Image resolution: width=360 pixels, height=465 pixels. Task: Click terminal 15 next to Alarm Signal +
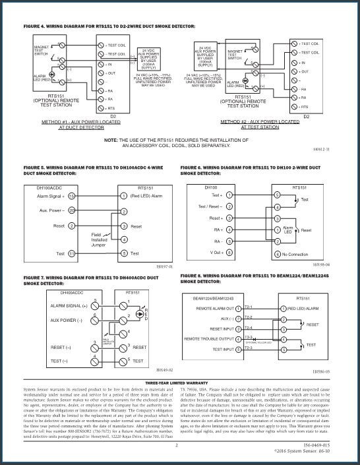click(x=71, y=196)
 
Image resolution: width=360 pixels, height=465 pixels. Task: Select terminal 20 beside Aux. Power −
click(x=71, y=210)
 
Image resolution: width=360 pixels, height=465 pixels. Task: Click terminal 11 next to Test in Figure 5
click(x=71, y=253)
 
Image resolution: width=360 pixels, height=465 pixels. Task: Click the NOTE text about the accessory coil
click(x=179, y=143)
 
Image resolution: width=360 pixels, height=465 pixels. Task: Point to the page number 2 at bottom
click(x=177, y=447)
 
